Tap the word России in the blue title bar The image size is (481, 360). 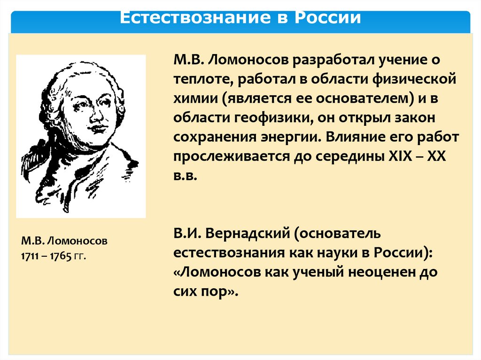point(328,17)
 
